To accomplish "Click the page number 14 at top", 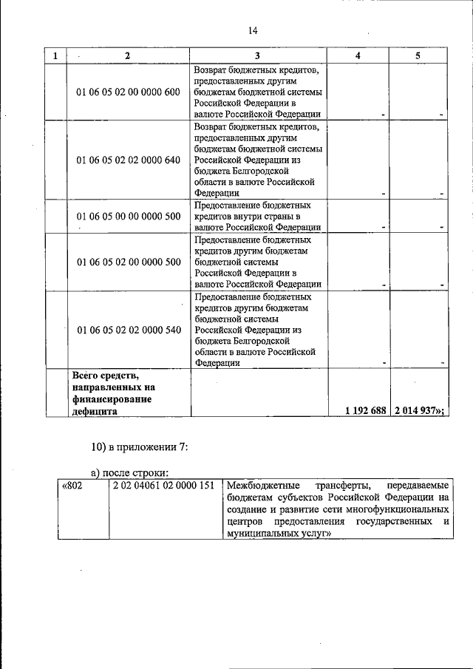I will click(x=253, y=30).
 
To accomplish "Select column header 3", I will click(x=257, y=56).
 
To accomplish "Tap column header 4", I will click(x=358, y=56).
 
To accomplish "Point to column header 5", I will click(x=418, y=56).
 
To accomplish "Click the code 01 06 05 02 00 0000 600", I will click(x=128, y=92).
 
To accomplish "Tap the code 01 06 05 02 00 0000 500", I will click(x=128, y=262).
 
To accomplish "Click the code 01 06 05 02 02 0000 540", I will click(x=128, y=330).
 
